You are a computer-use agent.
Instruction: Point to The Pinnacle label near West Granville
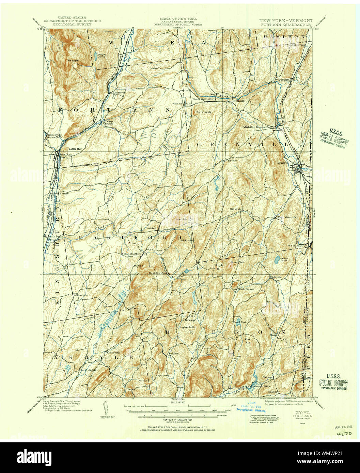203,112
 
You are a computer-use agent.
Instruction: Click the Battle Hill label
75,149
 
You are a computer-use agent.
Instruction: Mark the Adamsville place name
81,295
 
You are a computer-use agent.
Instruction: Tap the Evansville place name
113,352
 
